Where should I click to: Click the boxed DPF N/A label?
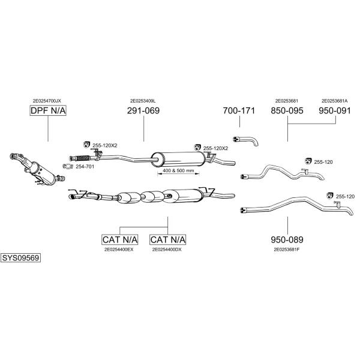48,110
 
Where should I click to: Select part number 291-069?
143,110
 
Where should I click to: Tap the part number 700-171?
239,110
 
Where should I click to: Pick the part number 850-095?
287,110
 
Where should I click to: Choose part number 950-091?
335,110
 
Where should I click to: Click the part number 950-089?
287,239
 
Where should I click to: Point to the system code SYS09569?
20,258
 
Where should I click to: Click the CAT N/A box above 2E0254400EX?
120,239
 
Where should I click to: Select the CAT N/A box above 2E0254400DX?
167,239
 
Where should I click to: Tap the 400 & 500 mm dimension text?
178,170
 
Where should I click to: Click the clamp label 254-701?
85,166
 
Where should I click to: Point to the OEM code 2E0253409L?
143,101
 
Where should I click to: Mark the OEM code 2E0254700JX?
47,101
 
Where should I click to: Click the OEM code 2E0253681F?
287,250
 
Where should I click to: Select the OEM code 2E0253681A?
335,101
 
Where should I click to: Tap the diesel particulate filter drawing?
37,169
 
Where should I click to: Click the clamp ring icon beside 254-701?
67,166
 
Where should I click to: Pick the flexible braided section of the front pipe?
83,158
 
